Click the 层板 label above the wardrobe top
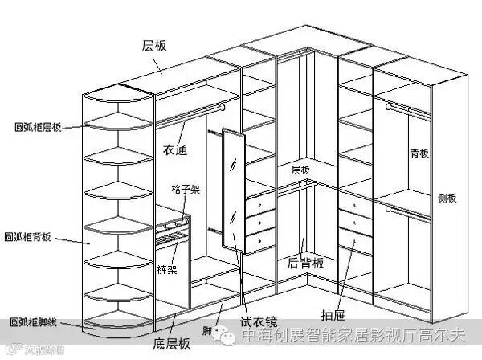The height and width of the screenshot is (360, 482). [153, 46]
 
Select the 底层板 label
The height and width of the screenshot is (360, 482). [173, 343]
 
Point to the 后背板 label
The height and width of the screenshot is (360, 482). [305, 263]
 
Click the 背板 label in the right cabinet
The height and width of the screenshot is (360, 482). [419, 153]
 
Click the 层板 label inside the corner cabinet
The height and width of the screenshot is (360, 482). [300, 170]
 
